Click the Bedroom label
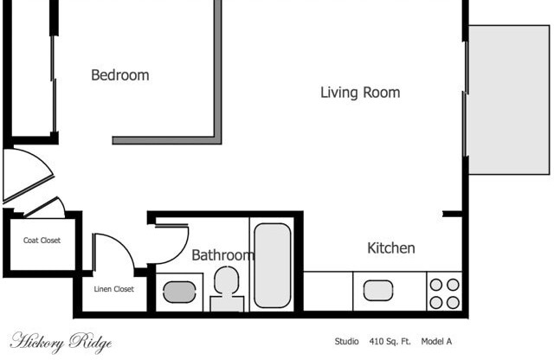pos(119,75)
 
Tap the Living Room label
pos(360,93)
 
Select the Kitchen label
pos(391,248)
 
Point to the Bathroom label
pos(222,255)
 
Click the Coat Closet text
pos(42,241)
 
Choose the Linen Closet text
pos(113,289)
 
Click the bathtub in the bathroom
pos(272,265)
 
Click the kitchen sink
pos(379,290)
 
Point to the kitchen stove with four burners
pos(443,292)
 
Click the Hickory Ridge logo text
pos(61,341)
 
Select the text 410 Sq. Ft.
pos(393,342)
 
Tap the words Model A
pos(436,342)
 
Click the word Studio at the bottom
pos(346,342)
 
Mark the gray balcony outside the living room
pos(508,100)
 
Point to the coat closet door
pos(45,208)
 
